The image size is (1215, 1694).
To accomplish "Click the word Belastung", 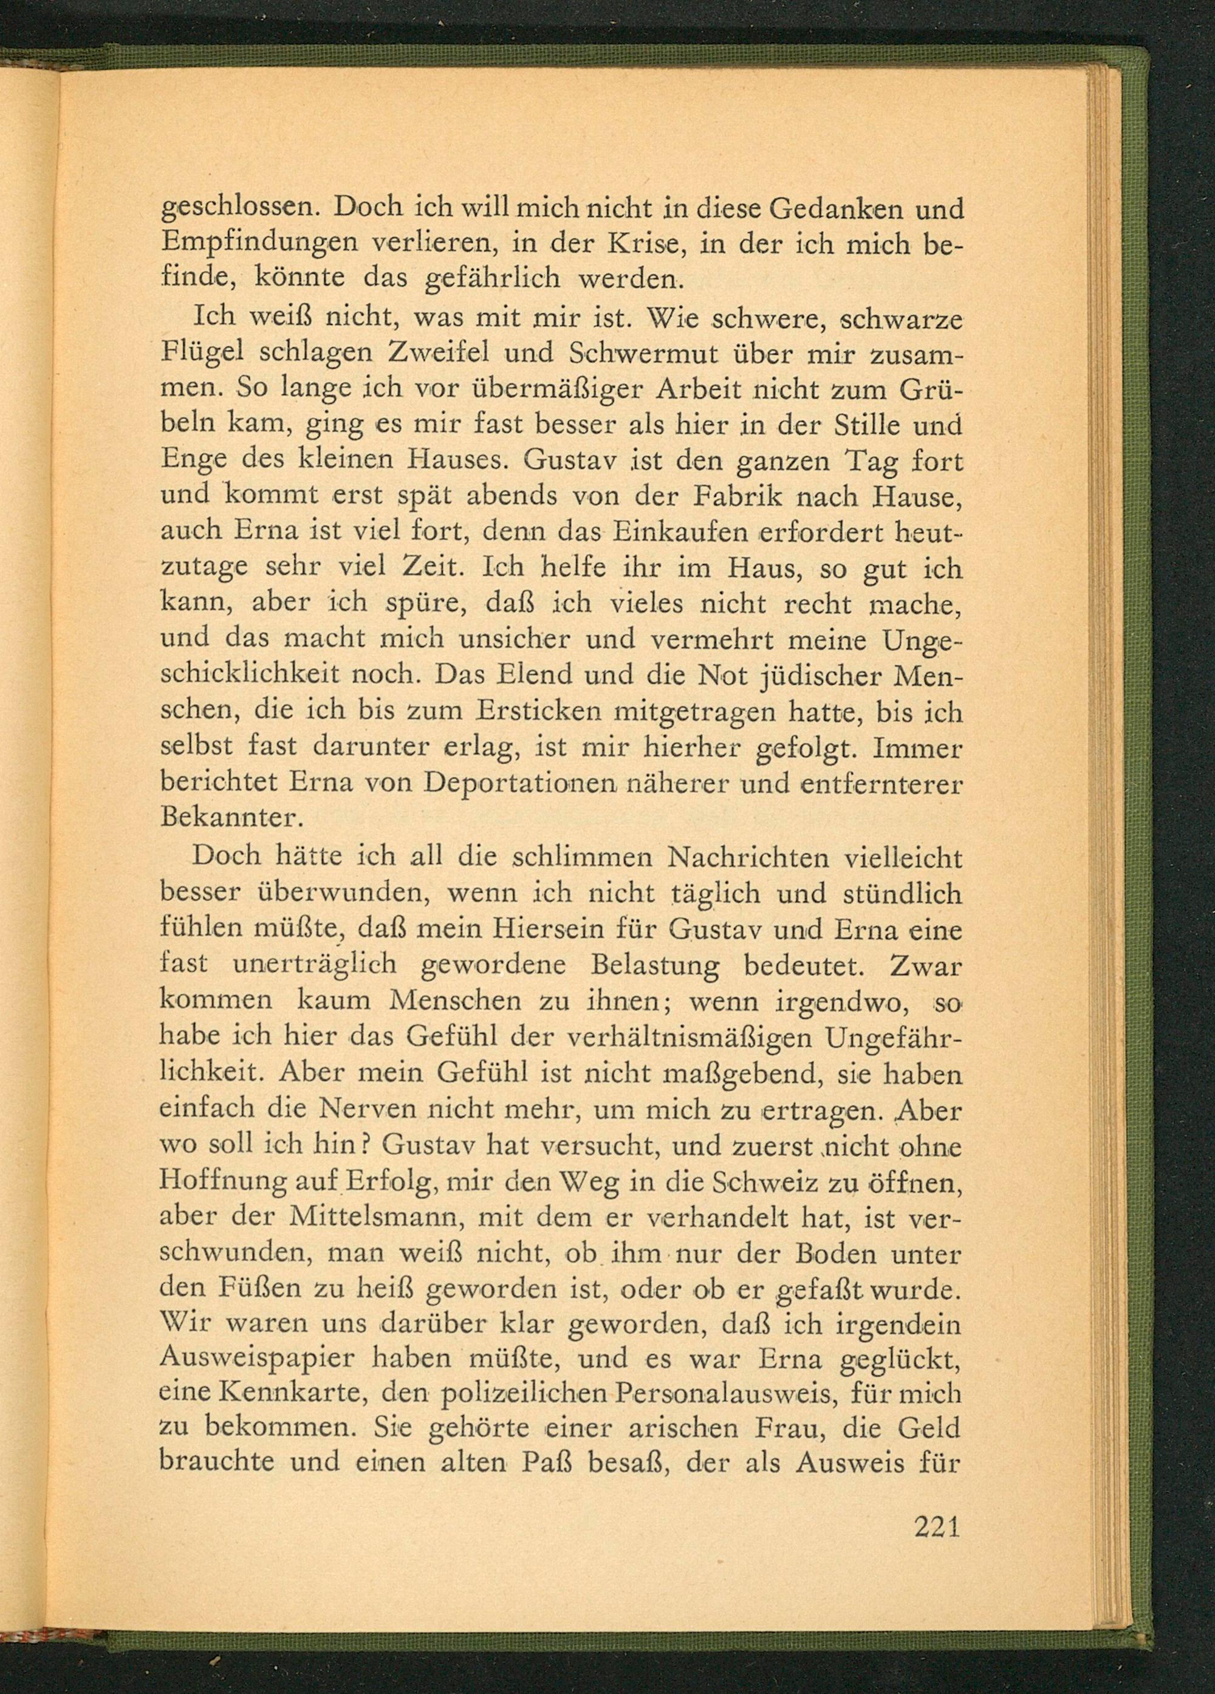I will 654,965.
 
